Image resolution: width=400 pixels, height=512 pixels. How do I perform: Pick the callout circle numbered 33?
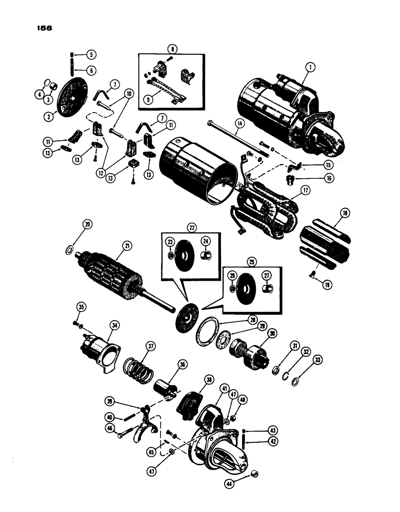[x=311, y=360]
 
